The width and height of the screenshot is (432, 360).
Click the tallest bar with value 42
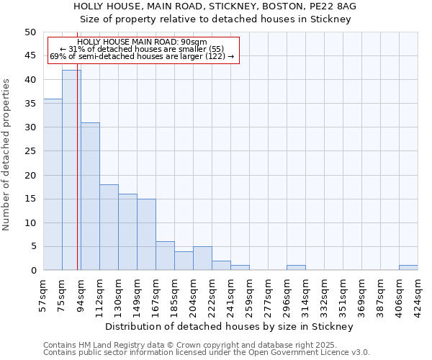[71, 170]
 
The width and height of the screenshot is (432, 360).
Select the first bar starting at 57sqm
[53, 184]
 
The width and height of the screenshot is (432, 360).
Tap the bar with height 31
[90, 196]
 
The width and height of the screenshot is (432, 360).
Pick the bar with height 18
[109, 227]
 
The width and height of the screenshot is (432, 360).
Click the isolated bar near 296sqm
[296, 268]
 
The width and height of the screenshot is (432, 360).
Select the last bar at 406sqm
[408, 268]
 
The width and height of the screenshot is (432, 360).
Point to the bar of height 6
[165, 256]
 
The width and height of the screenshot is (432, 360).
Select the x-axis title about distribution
[228, 327]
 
